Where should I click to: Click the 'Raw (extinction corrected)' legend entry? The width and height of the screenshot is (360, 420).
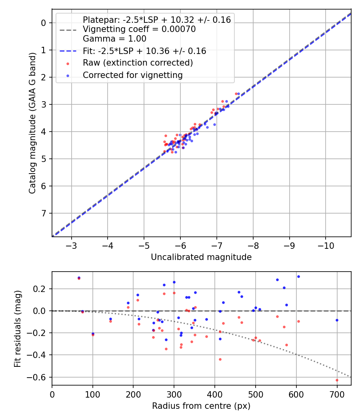tap(138, 63)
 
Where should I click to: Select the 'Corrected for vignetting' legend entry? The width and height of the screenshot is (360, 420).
tap(132, 75)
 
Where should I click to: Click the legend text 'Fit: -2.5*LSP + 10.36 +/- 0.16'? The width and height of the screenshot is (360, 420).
tap(144, 51)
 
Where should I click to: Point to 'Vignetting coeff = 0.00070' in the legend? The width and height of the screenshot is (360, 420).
tap(139, 29)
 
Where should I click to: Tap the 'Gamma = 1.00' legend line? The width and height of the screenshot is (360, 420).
tap(114, 39)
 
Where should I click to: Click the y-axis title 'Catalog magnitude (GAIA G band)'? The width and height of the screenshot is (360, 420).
tap(32, 123)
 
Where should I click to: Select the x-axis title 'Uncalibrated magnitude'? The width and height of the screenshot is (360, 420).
tap(201, 257)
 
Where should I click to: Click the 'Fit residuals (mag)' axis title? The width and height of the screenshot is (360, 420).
tap(17, 328)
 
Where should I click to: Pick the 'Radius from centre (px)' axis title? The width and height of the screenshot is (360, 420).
tap(201, 406)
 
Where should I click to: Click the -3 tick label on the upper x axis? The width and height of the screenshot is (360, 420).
tap(72, 244)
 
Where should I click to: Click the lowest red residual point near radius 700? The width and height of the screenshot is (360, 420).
tap(337, 380)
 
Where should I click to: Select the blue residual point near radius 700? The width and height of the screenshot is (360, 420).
tap(337, 320)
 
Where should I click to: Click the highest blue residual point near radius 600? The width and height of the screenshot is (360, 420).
tap(298, 276)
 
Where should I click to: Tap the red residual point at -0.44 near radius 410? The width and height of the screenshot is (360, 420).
tap(220, 359)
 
